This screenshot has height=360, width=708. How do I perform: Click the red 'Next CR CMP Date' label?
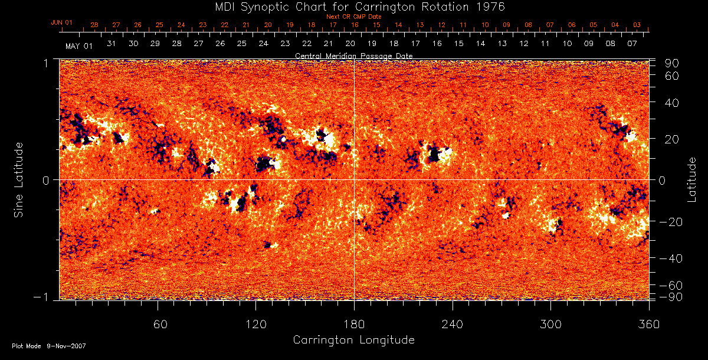click(354, 17)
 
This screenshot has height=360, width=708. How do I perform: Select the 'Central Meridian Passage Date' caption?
click(353, 55)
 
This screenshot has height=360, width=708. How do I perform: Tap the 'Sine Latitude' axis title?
click(19, 179)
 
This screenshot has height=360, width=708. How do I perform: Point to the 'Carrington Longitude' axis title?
click(353, 340)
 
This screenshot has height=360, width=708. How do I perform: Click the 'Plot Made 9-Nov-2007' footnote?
click(49, 346)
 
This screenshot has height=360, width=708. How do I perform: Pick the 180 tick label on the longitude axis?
click(354, 324)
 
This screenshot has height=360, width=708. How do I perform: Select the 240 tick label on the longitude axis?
click(453, 324)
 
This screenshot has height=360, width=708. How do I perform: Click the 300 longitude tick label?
click(550, 324)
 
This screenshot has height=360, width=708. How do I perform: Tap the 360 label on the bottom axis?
click(649, 324)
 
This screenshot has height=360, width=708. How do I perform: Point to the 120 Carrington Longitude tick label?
click(256, 324)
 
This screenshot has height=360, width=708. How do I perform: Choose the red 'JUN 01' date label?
click(62, 22)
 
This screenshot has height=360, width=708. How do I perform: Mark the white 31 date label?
click(112, 44)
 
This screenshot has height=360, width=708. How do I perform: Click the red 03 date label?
click(637, 25)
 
